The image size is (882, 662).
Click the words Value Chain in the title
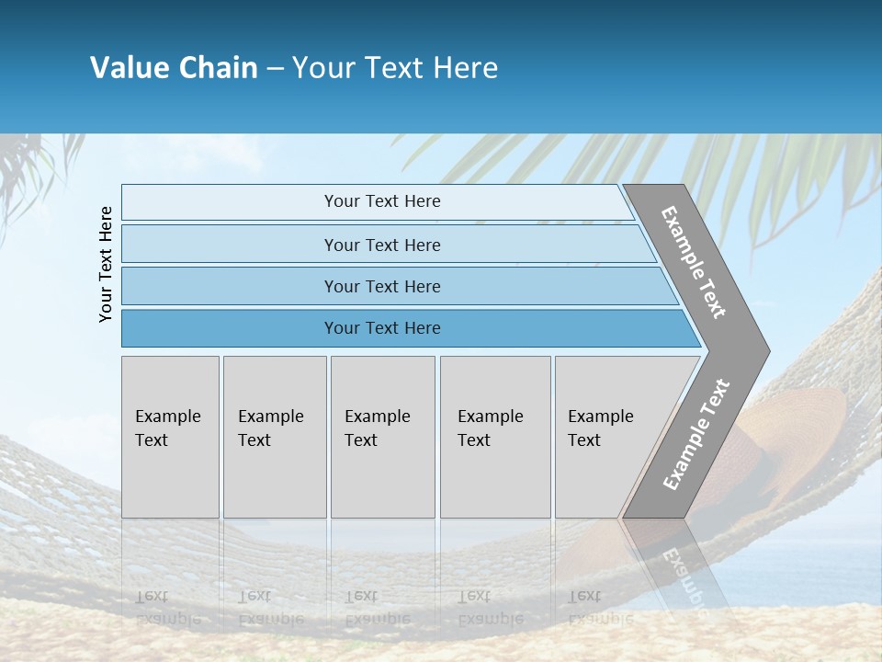coord(174,68)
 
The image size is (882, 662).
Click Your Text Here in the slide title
coord(395,68)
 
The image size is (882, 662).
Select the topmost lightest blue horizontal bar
coord(230,202)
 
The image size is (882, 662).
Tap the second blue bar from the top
coord(230,245)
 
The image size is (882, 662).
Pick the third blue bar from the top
coord(230,286)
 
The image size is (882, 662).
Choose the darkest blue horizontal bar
coord(230,328)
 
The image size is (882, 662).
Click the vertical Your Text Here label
coord(106,264)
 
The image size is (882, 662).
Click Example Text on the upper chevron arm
coord(694,262)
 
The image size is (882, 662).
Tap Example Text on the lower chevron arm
coord(696,435)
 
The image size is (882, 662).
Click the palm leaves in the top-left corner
coord(37,165)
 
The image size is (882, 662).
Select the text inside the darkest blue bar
coord(382,328)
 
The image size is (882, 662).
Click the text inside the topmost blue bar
coord(382,201)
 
